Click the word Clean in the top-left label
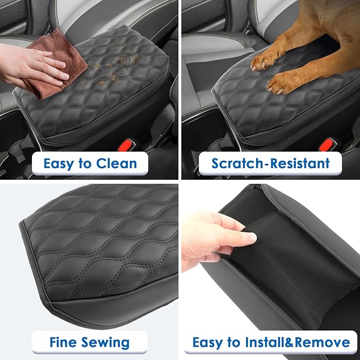(117, 163)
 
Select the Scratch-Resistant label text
(270, 163)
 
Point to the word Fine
(63, 342)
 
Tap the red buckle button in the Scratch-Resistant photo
(329, 144)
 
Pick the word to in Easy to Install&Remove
(233, 342)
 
